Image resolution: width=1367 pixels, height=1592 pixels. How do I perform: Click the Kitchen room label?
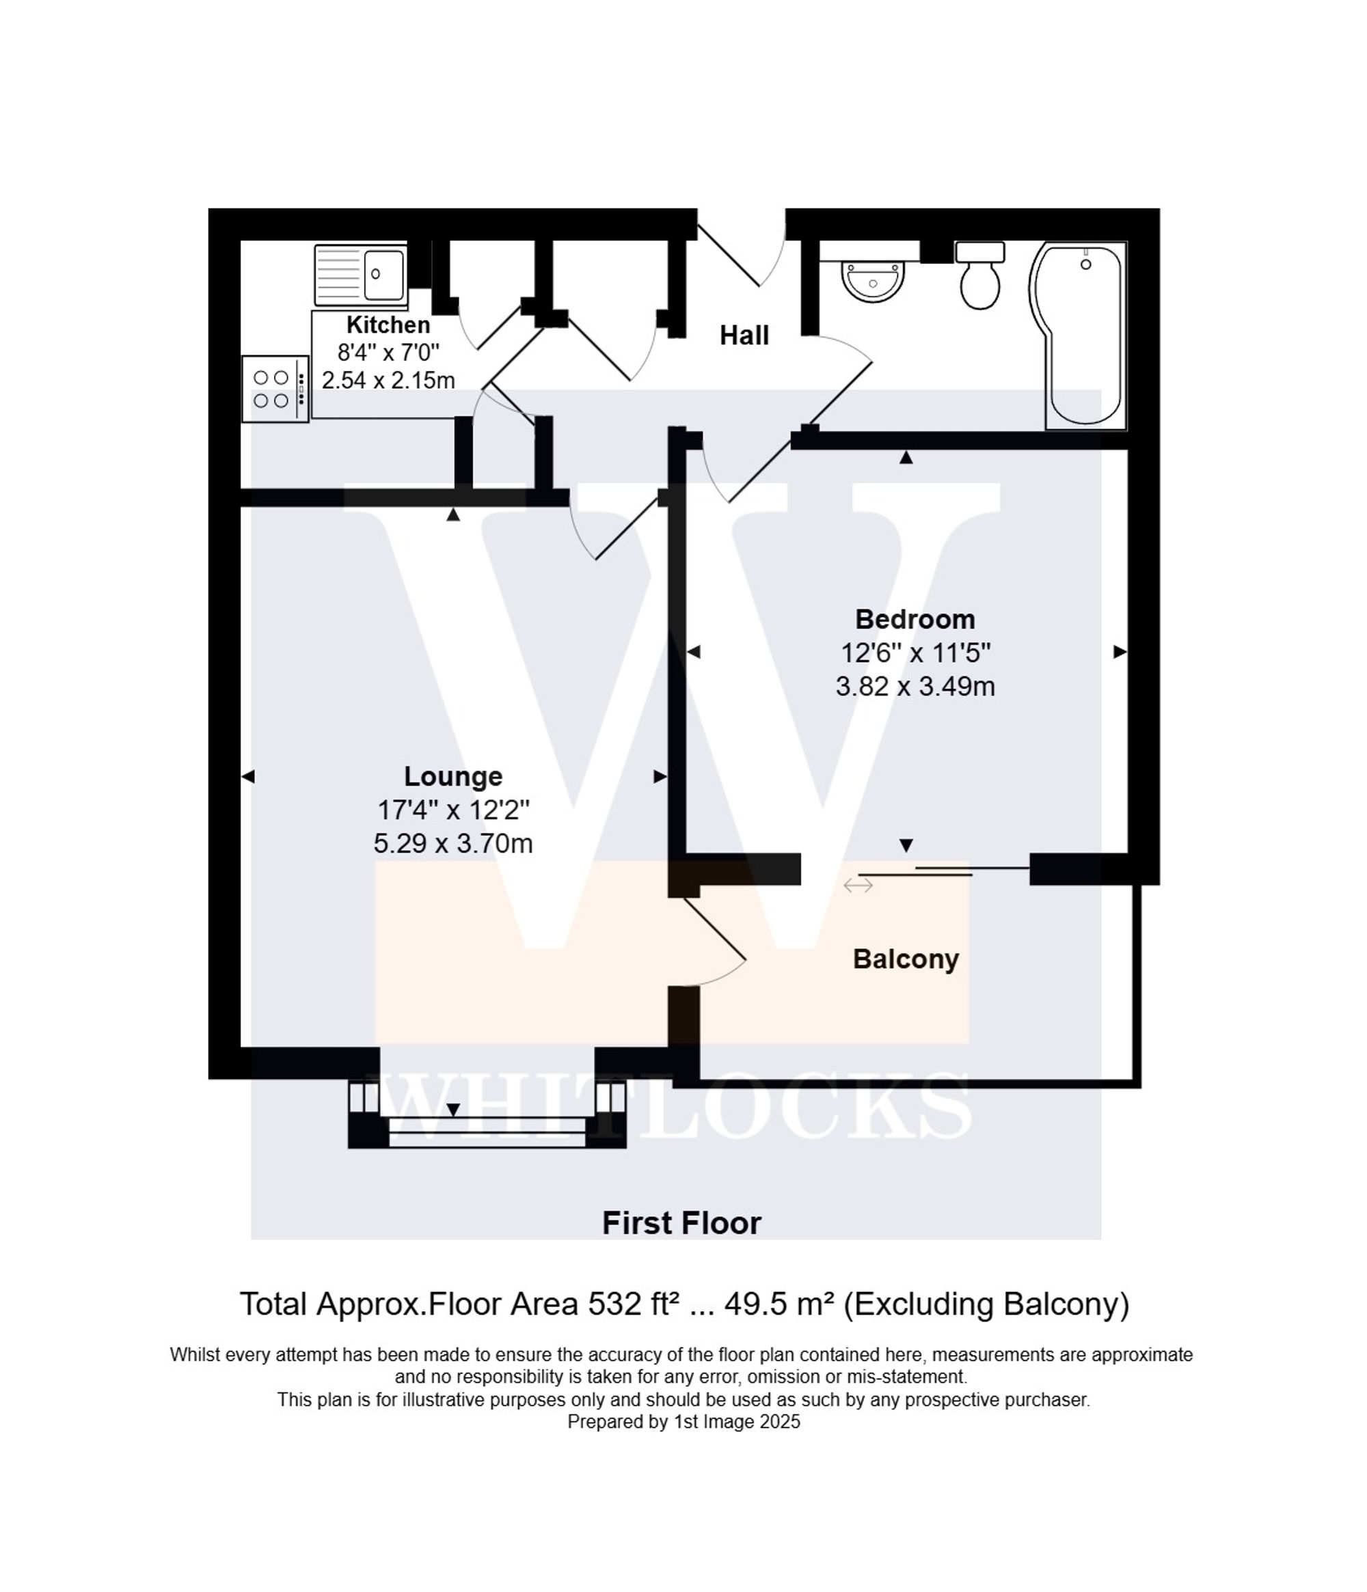tap(388, 325)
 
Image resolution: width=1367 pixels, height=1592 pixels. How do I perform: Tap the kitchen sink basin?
tap(382, 273)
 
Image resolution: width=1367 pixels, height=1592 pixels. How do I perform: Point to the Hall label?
tap(743, 335)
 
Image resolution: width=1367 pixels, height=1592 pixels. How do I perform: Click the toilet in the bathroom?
tap(979, 278)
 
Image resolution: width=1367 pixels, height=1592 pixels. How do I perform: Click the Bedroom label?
tap(915, 618)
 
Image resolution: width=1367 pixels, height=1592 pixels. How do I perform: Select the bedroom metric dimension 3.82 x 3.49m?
tap(915, 686)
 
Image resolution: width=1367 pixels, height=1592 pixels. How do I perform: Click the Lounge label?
tap(452, 776)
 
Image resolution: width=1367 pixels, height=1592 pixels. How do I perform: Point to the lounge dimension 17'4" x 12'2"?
tap(452, 810)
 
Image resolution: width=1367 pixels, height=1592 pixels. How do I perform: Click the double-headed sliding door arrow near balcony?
tap(858, 886)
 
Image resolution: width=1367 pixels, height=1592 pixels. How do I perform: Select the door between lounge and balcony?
tap(715, 942)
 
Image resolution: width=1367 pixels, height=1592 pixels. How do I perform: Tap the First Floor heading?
tap(681, 1223)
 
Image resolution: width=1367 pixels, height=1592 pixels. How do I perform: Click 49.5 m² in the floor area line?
tap(779, 1304)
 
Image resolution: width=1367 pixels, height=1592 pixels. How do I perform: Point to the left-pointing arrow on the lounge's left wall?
tap(248, 777)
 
